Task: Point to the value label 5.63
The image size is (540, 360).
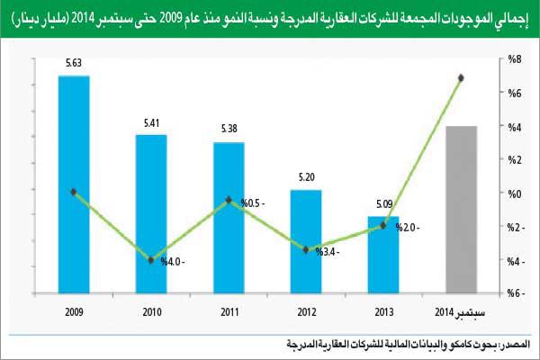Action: [x=74, y=64]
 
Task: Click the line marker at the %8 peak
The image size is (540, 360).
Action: [x=461, y=78]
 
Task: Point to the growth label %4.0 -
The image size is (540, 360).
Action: [x=174, y=263]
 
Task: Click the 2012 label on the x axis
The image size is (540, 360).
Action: [x=306, y=311]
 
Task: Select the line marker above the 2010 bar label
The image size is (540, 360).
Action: [x=150, y=259]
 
